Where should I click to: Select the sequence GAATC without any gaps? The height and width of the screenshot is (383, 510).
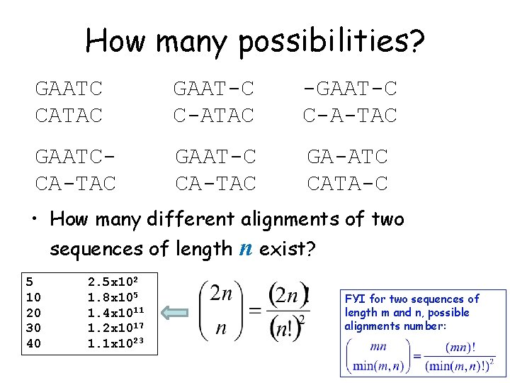(x=69, y=89)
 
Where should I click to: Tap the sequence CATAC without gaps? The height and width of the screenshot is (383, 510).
(x=69, y=114)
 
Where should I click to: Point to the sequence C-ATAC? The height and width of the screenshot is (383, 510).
(x=214, y=114)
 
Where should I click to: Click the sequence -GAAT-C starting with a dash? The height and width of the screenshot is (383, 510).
(x=350, y=89)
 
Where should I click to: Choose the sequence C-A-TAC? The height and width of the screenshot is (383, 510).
(x=350, y=114)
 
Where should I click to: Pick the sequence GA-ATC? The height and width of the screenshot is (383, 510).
(x=347, y=158)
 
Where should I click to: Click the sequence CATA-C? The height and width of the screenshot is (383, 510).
(x=347, y=184)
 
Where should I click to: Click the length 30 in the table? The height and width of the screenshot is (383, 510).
(x=33, y=328)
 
